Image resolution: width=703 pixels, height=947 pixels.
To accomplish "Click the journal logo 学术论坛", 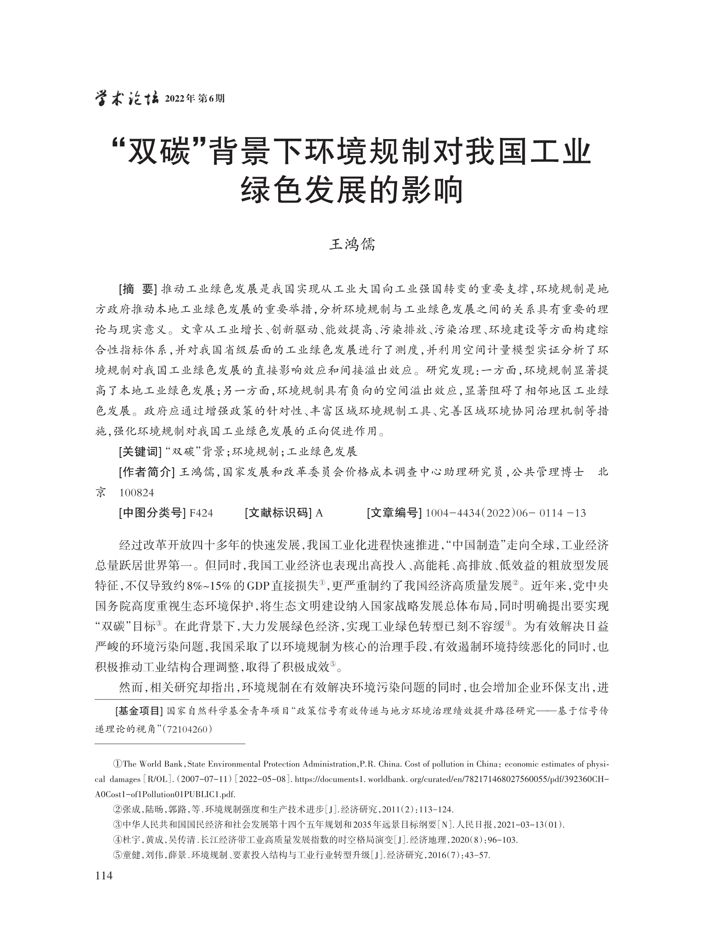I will pyautogui.click(x=126, y=99).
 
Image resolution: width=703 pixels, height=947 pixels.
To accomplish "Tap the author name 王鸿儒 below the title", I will pyautogui.click(x=352, y=245).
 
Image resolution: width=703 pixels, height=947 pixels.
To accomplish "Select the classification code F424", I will pyautogui.click(x=201, y=513).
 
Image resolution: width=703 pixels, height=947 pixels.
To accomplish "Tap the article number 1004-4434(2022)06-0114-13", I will pyautogui.click(x=505, y=513).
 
